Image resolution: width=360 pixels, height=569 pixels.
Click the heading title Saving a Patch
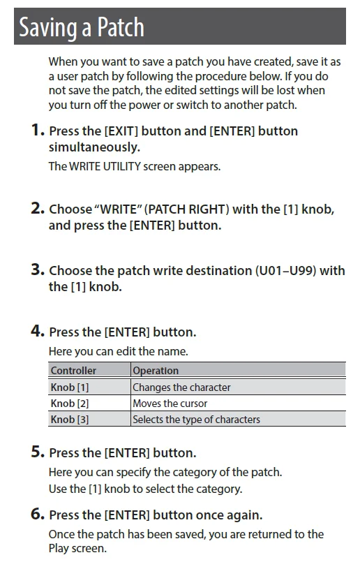click(82, 28)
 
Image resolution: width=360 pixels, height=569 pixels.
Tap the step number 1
click(38, 130)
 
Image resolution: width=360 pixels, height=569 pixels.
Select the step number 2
click(38, 208)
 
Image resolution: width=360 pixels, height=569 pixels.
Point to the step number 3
click(38, 269)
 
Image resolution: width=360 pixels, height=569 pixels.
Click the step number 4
click(38, 331)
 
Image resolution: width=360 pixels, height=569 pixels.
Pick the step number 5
click(38, 452)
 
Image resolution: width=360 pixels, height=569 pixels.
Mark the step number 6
click(38, 514)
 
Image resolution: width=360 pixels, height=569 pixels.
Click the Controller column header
click(73, 371)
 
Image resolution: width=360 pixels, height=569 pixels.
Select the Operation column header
click(156, 371)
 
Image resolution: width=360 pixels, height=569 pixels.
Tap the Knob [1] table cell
click(69, 387)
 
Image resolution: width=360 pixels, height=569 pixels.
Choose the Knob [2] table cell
click(69, 403)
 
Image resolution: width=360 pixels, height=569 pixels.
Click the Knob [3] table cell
click(69, 419)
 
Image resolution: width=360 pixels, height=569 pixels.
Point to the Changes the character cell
click(181, 387)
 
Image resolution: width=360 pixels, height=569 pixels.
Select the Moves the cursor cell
click(170, 403)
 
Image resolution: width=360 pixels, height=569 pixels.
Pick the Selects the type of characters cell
click(196, 419)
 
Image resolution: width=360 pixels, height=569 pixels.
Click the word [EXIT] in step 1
click(121, 131)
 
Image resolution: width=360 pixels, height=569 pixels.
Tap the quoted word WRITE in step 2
click(118, 209)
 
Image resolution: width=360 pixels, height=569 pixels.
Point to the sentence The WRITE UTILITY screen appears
click(135, 166)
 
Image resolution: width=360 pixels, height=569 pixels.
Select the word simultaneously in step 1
click(94, 147)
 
